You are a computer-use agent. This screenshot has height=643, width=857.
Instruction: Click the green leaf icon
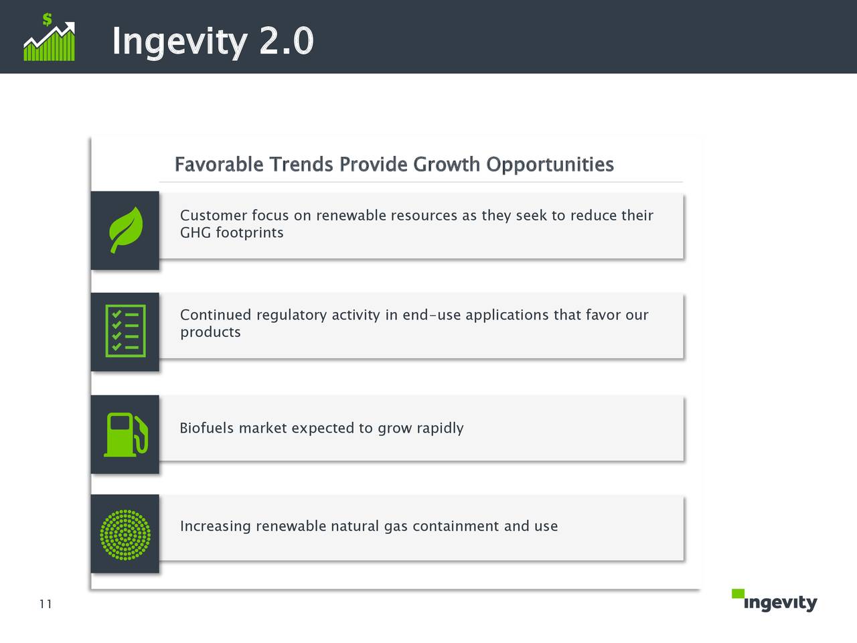(126, 230)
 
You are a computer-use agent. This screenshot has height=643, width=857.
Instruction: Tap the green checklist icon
(125, 331)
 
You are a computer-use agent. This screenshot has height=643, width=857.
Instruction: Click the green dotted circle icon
(125, 534)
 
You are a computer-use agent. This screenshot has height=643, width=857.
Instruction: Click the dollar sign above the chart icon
(47, 19)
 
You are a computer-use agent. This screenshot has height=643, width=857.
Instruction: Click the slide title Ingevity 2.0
(212, 42)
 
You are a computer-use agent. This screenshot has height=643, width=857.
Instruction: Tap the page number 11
(46, 604)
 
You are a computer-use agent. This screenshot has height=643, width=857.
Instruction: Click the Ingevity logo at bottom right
(779, 602)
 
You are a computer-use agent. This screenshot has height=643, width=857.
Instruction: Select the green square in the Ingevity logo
(738, 593)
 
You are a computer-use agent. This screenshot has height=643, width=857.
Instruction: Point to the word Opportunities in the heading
(550, 164)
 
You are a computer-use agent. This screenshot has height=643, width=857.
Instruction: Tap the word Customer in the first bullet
(214, 216)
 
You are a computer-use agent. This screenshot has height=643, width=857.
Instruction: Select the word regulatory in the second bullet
(291, 315)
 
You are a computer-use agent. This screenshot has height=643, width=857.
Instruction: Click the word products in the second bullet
(210, 332)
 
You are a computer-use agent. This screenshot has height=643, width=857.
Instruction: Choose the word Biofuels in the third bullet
(207, 428)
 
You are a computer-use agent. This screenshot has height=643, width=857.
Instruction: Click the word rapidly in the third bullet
(440, 428)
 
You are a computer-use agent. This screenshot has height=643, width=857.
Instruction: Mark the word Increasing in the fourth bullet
(216, 526)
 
